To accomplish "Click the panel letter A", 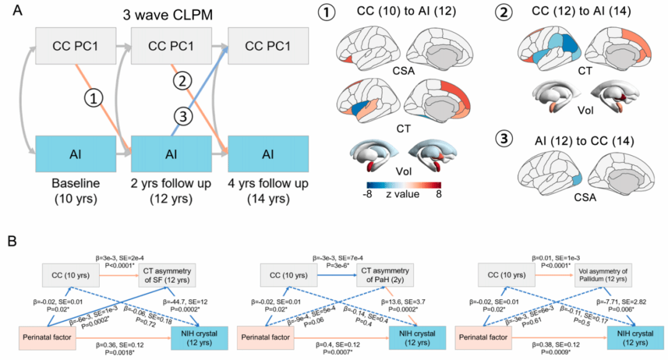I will (x=10, y=11).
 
